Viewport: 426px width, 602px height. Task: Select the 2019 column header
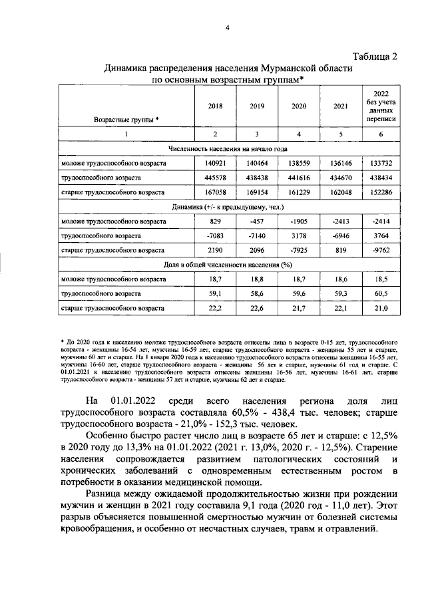256,106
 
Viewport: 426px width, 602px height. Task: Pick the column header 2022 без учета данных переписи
381,106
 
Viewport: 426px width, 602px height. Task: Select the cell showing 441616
299,179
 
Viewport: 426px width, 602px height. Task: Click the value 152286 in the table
381,195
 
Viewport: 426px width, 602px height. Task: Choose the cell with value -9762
381,251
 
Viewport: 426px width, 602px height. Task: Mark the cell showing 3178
299,236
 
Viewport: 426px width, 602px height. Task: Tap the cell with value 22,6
256,308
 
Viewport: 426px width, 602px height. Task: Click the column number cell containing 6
381,134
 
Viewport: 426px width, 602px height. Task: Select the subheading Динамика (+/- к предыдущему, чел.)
228,207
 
